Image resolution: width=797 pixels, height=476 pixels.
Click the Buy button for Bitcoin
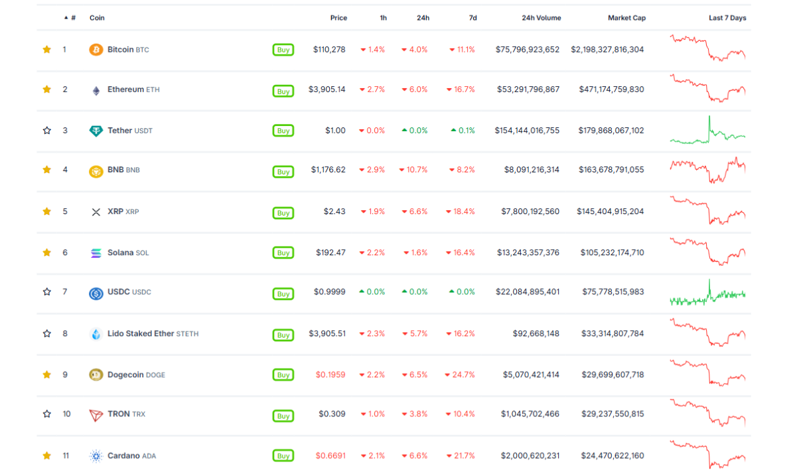pos(283,50)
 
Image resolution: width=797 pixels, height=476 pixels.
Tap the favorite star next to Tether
pos(46,131)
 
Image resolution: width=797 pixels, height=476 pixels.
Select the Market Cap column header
pos(626,18)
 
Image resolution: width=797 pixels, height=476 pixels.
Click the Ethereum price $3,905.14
pos(326,89)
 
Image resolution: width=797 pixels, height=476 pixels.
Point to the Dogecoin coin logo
pos(96,375)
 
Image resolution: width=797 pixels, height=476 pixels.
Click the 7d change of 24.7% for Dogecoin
pos(460,375)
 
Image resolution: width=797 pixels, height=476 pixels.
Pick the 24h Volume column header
pos(541,18)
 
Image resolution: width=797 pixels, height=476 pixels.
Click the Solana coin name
pos(120,253)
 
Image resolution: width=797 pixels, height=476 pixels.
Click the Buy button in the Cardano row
pos(283,456)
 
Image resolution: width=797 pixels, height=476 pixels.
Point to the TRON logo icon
pos(96,415)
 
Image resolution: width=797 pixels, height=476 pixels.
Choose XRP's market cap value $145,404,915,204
pos(610,211)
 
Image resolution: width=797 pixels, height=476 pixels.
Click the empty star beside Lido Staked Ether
pos(46,333)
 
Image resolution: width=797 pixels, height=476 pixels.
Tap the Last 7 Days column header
pos(727,18)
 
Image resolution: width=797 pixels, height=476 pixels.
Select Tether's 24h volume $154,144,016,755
pos(527,131)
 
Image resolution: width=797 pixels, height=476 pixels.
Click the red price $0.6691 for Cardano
pos(330,455)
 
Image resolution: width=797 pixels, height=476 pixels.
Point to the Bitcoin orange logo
pos(96,50)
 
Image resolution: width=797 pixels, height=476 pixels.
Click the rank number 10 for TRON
pos(66,414)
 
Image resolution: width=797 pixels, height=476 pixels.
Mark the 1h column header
pos(383,18)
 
